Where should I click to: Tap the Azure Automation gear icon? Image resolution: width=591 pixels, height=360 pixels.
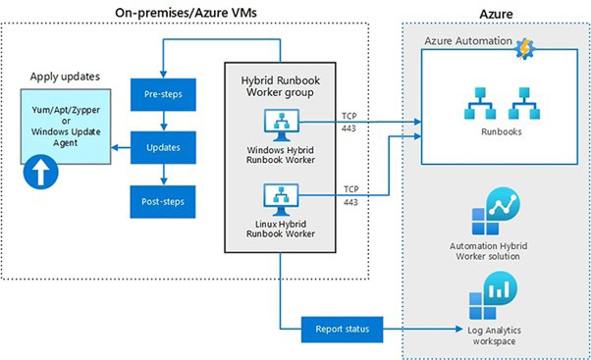(524, 45)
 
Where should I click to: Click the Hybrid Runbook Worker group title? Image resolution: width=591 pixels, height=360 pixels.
(280, 84)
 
